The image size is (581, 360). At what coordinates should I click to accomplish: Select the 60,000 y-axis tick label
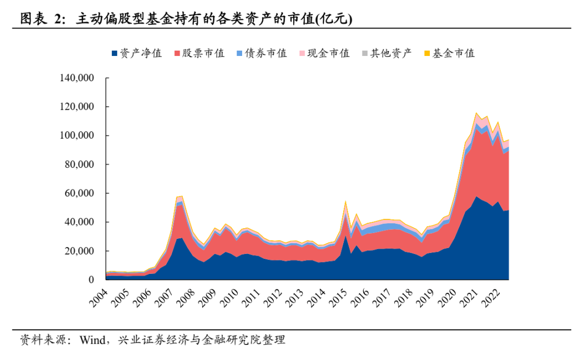[77, 193]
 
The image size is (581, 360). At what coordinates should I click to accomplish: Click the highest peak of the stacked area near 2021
[476, 113]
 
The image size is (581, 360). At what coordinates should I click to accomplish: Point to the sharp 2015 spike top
[345, 201]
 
